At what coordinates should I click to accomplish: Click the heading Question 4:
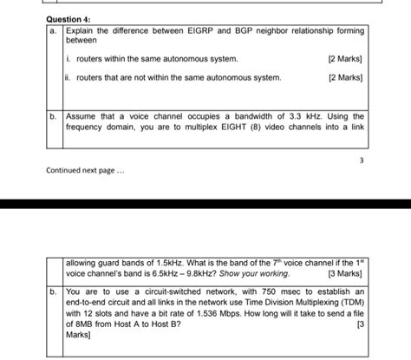[70, 19]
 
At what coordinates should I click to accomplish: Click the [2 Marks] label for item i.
[345, 59]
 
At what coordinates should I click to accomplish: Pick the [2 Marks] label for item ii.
[345, 78]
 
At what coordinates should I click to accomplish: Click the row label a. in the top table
[54, 30]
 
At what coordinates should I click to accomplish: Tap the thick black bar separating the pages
[205, 204]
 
